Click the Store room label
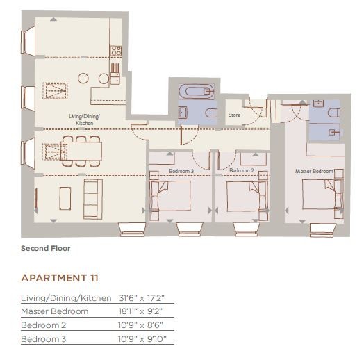click(234, 115)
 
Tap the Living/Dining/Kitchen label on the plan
click(85, 120)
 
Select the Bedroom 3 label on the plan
click(181, 171)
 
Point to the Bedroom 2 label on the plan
click(242, 170)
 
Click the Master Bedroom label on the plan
click(314, 171)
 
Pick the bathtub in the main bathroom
click(196, 92)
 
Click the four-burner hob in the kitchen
click(116, 51)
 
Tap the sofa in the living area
click(93, 199)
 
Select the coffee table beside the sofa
click(65, 198)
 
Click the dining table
click(81, 151)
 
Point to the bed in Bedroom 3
click(170, 196)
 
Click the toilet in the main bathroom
click(211, 113)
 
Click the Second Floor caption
click(46, 248)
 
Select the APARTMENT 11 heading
click(60, 278)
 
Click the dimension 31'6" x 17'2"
click(142, 298)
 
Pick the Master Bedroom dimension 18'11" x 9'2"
click(140, 311)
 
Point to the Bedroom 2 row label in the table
click(43, 325)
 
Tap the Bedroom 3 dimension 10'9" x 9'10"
click(142, 339)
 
